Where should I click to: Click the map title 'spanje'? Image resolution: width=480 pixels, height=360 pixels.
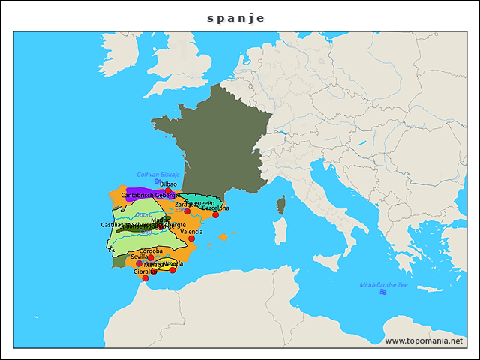click(236, 18)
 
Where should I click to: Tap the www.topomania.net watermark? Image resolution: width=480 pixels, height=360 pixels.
click(423, 341)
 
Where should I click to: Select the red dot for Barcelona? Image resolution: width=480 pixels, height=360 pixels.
click(215, 214)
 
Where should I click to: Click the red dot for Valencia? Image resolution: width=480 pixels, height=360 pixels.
click(191, 238)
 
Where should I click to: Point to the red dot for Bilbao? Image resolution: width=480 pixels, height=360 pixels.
click(168, 190)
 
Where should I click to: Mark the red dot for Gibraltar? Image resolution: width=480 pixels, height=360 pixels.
click(145, 277)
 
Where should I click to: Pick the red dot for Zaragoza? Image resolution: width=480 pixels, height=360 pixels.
click(187, 211)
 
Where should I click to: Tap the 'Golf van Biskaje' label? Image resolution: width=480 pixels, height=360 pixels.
click(158, 175)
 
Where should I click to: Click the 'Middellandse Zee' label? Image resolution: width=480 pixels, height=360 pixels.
click(383, 285)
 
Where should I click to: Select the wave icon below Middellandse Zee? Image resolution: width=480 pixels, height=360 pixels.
click(383, 292)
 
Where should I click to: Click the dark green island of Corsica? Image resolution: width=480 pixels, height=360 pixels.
click(282, 205)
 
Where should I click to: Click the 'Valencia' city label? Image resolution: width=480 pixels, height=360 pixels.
click(191, 232)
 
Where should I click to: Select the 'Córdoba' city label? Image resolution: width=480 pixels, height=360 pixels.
click(151, 250)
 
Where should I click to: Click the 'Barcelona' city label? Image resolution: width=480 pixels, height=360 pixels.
click(215, 208)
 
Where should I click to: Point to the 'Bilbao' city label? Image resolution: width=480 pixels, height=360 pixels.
click(168, 184)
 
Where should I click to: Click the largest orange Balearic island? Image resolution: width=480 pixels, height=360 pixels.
click(223, 237)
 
